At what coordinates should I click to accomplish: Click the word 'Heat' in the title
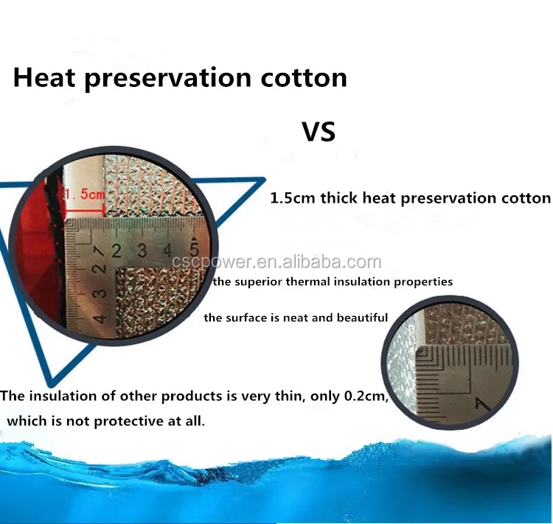point(44,77)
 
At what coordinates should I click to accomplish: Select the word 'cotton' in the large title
point(304,78)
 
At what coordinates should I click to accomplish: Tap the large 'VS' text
point(319,131)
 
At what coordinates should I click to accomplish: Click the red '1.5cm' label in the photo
point(85,194)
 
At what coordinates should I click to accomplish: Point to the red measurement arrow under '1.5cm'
point(85,212)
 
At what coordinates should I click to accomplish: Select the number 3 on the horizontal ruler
point(142,250)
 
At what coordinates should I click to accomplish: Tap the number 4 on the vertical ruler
point(99,318)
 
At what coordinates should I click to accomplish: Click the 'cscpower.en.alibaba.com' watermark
point(276,262)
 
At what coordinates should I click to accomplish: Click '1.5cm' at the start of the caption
point(293,198)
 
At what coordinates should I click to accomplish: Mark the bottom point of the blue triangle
point(52,385)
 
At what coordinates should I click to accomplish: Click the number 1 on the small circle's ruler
point(481,405)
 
